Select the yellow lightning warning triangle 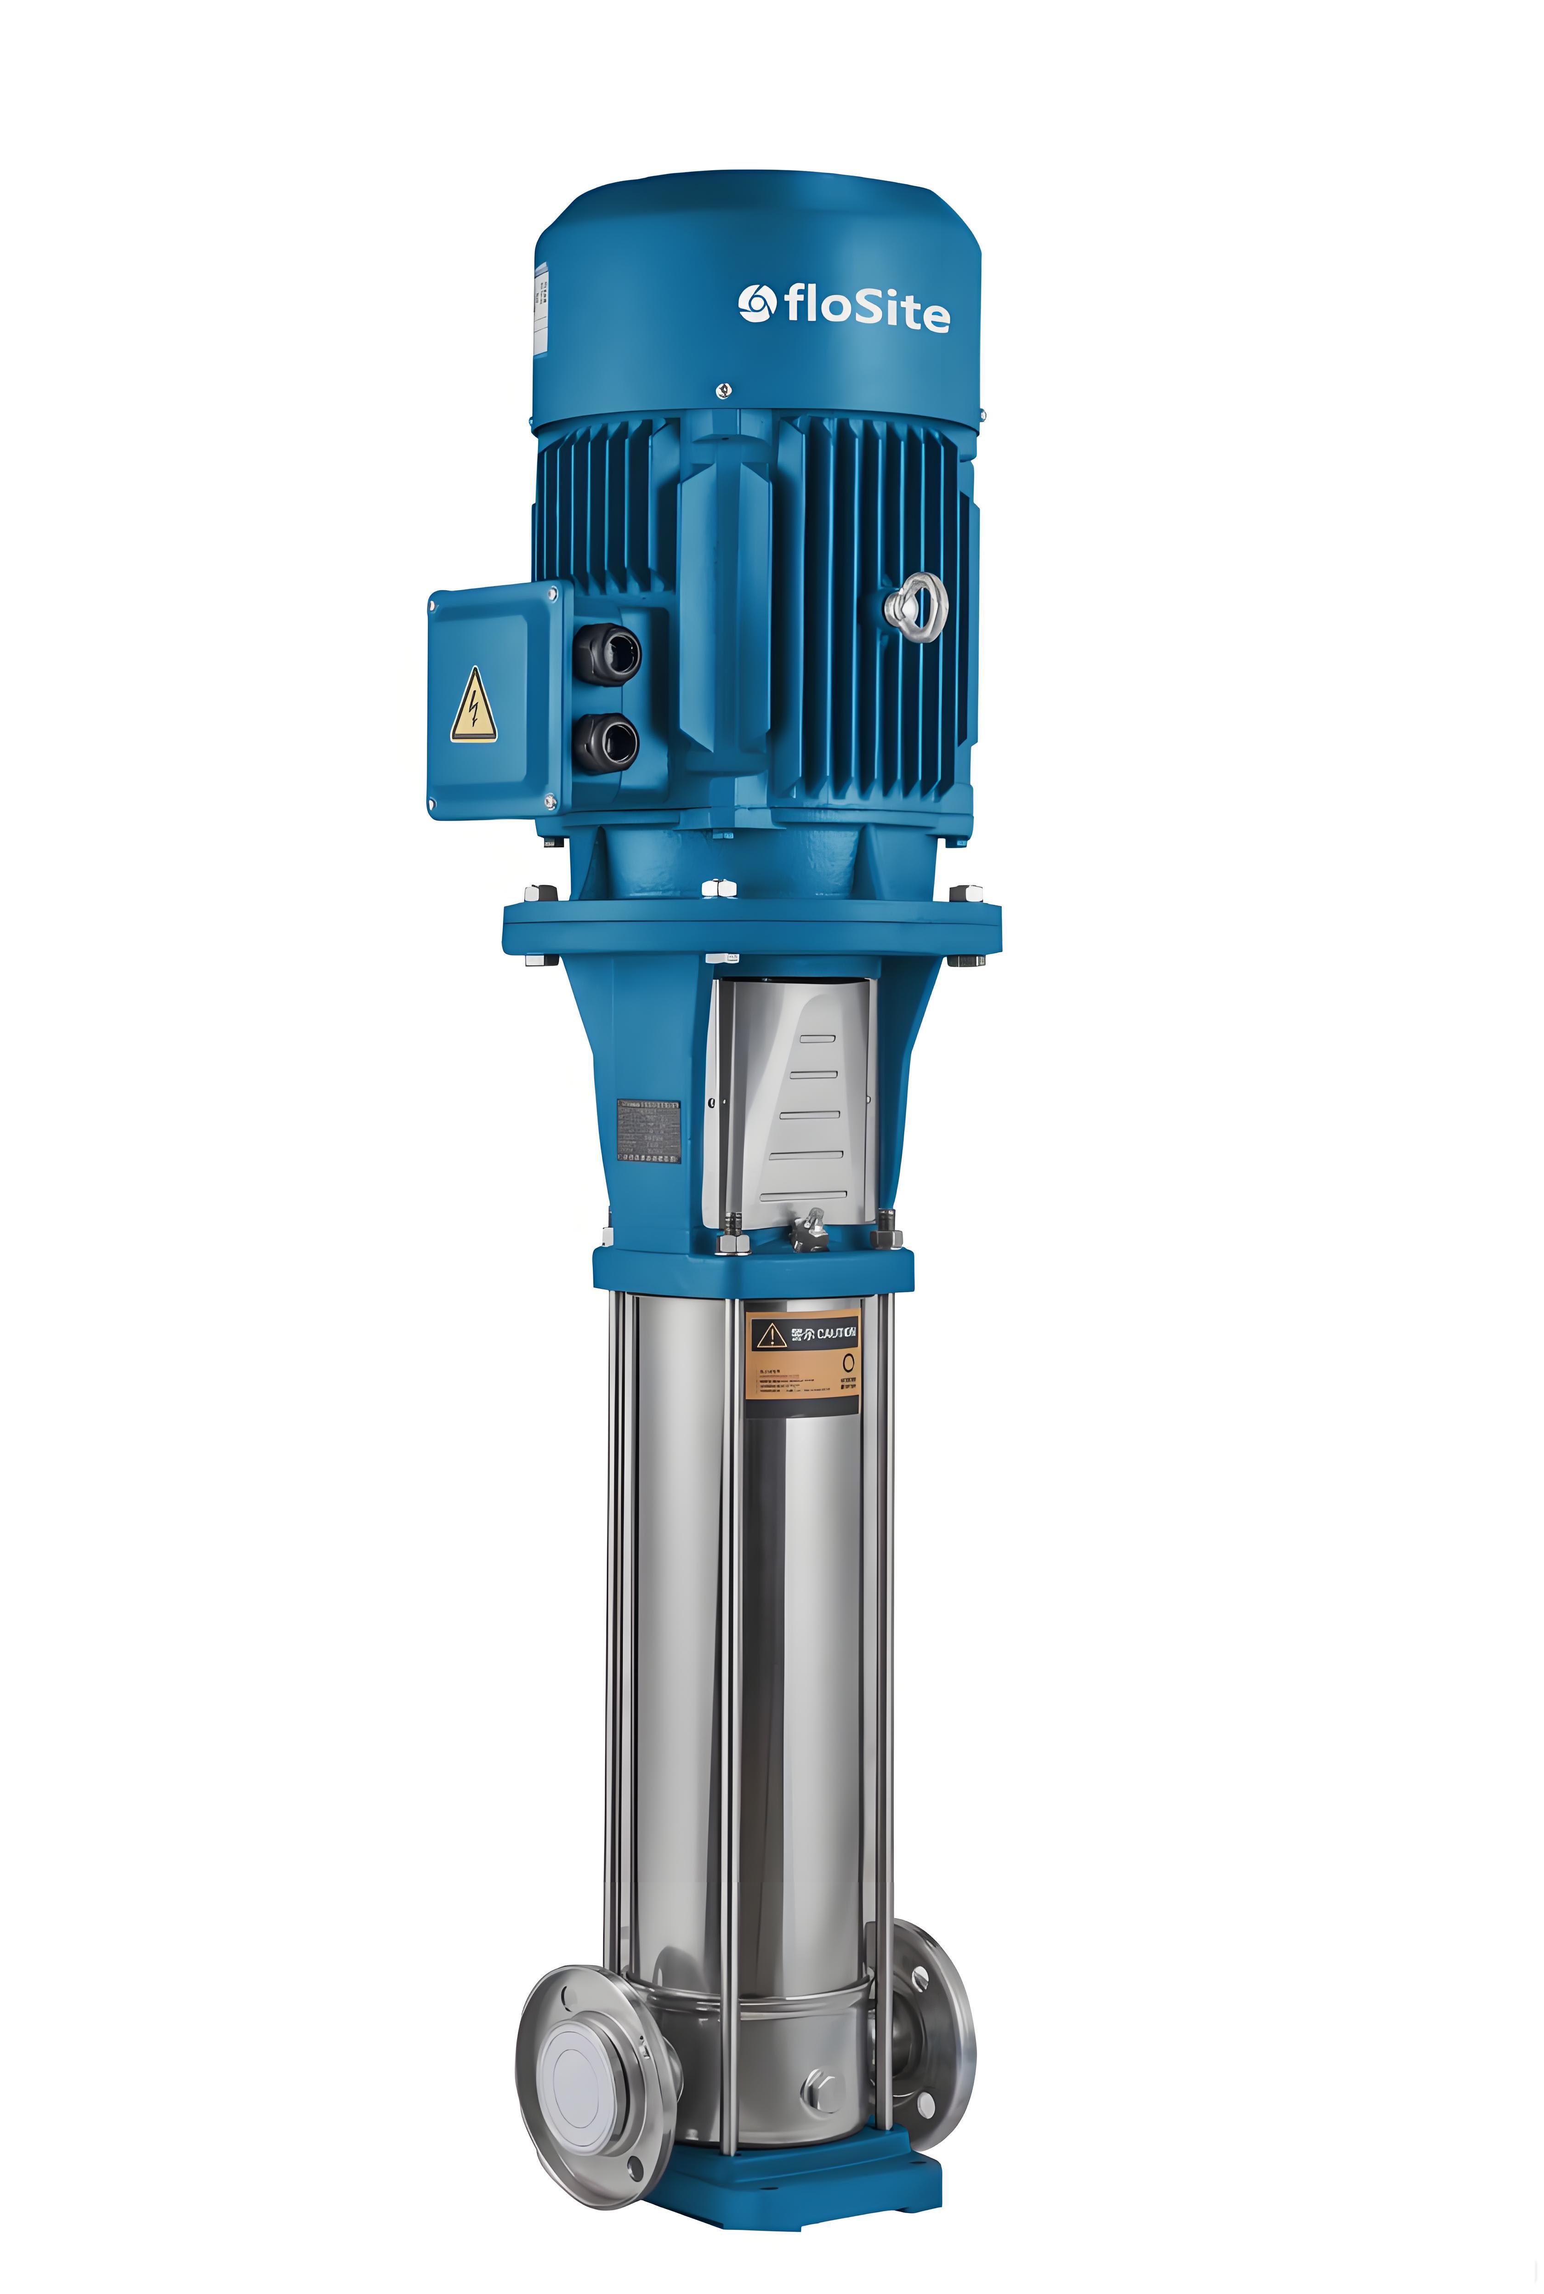pyautogui.click(x=474, y=707)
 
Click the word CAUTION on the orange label pyautogui.click(x=837, y=1333)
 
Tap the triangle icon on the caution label pyautogui.click(x=770, y=1335)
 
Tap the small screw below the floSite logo pyautogui.click(x=724, y=390)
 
